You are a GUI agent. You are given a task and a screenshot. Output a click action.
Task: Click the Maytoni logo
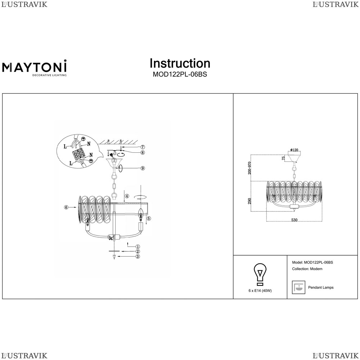35,68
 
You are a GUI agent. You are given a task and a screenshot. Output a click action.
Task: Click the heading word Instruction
180,63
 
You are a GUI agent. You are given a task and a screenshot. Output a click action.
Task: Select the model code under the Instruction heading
180,75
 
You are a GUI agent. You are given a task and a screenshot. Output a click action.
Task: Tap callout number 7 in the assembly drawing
143,147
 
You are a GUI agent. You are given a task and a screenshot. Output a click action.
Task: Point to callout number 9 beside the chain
143,168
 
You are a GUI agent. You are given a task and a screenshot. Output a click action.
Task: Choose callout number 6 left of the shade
66,207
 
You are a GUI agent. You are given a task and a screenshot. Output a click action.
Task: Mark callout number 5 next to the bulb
149,218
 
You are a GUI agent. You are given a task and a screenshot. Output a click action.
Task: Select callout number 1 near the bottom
138,246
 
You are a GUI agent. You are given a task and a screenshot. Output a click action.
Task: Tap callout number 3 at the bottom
138,257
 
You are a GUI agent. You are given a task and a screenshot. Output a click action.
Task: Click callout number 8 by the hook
143,152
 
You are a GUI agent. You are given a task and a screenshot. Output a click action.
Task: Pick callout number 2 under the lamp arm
138,251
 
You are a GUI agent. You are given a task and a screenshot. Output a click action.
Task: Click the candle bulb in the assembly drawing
141,213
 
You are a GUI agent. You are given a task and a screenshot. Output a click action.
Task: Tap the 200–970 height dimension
249,168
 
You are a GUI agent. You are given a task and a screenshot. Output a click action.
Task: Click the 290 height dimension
249,201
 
